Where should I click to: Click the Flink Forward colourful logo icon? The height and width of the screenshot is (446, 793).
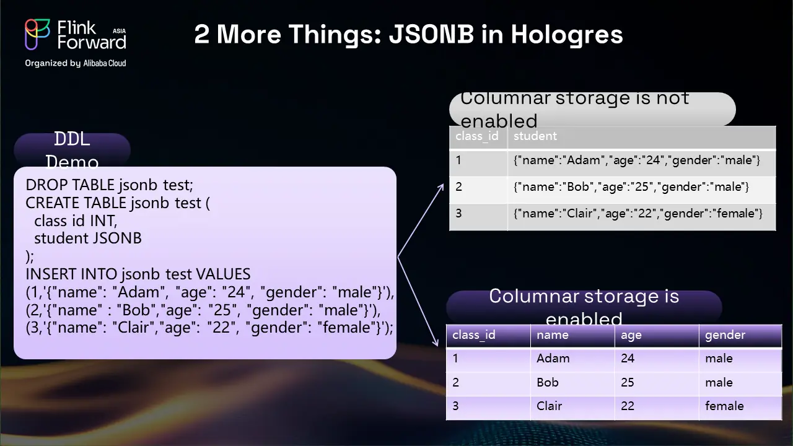pos(37,34)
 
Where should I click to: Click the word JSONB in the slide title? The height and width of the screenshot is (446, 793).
pos(431,34)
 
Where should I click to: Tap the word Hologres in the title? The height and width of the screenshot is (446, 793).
pos(567,35)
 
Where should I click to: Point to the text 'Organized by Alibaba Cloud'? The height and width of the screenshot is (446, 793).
pos(76,63)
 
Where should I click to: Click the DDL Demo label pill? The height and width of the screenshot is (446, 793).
pos(72,150)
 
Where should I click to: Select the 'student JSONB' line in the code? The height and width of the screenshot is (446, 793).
pos(88,238)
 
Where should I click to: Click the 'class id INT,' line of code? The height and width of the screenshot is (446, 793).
pos(76,221)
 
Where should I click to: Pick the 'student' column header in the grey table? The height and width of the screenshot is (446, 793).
pos(535,136)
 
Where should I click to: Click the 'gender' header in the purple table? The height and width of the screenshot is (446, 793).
pos(725,335)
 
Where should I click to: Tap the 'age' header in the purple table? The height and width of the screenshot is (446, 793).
pos(631,336)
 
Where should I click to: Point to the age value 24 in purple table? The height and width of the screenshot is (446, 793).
pos(628,358)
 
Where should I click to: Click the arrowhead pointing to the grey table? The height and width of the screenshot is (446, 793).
pos(440,188)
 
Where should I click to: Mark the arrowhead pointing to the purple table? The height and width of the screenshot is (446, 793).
pos(436,341)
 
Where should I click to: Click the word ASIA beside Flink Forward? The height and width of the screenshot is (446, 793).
pos(120,31)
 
